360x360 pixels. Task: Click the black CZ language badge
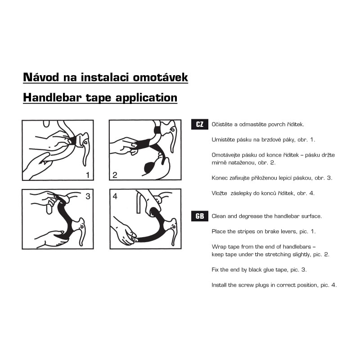199,124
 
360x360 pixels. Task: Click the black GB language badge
199,216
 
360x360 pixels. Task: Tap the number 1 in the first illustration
88,175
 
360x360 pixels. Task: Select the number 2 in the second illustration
115,175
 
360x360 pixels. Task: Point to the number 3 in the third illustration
88,196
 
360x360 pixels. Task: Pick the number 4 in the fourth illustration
115,196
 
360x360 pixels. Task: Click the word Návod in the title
41,77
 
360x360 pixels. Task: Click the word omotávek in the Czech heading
161,77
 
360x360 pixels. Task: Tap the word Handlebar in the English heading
52,98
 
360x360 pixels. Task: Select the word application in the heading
146,98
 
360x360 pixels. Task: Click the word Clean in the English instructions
218,216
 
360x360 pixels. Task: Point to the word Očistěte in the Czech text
222,124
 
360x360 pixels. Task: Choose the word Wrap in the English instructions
217,247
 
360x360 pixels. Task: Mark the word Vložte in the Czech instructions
219,193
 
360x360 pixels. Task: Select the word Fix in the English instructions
215,270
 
